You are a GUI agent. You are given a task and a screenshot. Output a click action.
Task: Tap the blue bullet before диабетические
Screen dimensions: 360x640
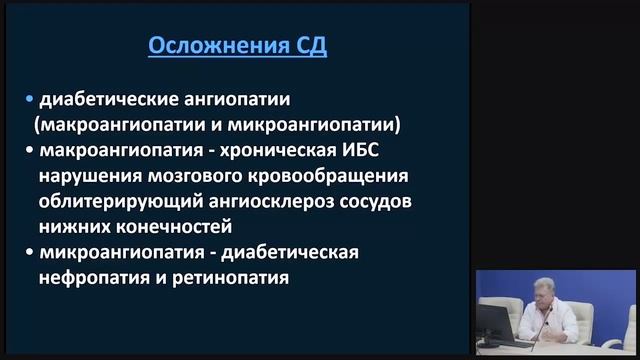point(30,100)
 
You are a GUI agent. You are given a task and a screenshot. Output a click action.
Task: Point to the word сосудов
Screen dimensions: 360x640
point(357,202)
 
